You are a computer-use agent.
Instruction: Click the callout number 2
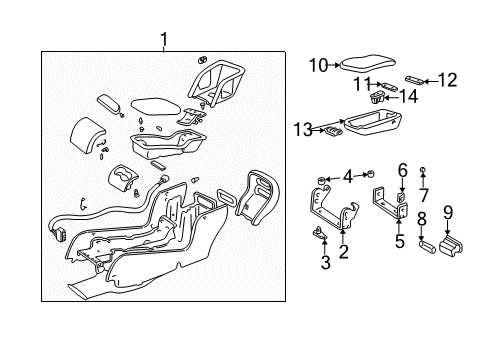(343, 252)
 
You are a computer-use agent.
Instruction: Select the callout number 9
(447, 211)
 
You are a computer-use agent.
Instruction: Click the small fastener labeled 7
(424, 171)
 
